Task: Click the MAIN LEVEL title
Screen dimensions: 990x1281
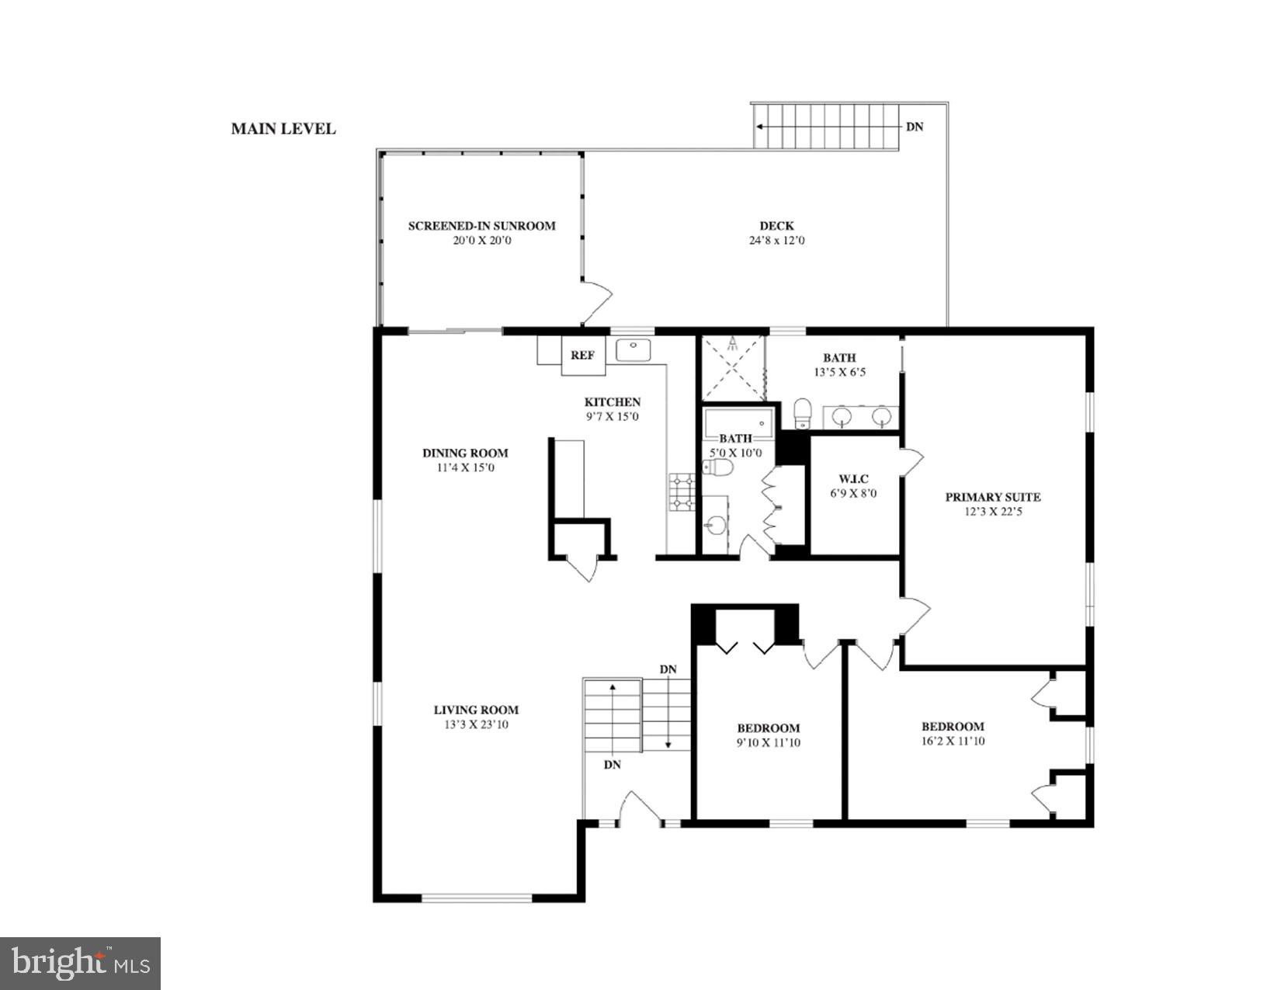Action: (283, 129)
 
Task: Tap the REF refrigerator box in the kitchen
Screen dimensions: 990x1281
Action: (583, 356)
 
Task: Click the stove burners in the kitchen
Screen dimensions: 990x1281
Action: (682, 493)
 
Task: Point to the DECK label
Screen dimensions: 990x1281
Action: (776, 226)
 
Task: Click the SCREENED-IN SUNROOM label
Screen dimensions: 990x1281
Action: (481, 226)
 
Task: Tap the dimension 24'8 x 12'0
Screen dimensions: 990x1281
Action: (776, 241)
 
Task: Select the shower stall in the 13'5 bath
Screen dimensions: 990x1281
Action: (732, 368)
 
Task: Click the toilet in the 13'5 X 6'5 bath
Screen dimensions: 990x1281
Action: (803, 413)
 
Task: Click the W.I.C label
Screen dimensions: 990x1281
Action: (853, 479)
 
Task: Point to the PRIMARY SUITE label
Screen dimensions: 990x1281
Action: (992, 497)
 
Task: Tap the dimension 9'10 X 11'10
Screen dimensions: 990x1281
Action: (768, 743)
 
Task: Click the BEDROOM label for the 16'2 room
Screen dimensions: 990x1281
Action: (953, 727)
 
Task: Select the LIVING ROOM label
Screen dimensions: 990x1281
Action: (476, 710)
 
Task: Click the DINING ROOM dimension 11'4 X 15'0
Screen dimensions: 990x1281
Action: (465, 468)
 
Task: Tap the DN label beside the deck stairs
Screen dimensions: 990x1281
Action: (915, 127)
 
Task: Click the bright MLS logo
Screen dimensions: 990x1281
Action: (81, 964)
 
